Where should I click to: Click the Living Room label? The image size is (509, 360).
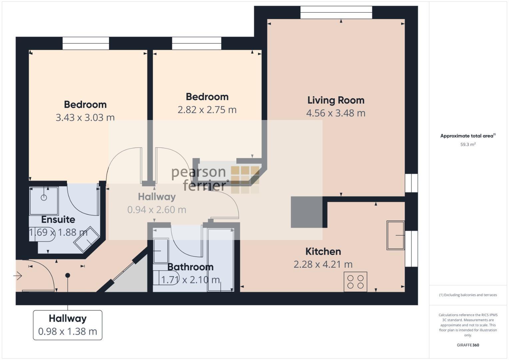coord(336,100)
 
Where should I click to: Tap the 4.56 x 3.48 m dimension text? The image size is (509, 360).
coord(336,113)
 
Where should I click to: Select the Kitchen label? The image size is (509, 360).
coord(323,251)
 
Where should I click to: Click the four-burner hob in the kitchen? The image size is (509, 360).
coord(355,282)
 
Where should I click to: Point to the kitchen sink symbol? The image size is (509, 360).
coord(395,235)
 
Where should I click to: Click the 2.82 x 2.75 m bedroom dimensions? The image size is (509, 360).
coord(207,110)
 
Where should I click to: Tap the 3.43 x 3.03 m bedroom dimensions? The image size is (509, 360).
coord(85,118)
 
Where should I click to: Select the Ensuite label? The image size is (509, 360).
coord(58,220)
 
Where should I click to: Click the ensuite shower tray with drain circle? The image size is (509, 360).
coord(44,201)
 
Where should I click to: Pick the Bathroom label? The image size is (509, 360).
coord(190,267)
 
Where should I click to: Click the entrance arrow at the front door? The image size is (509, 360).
coord(18,276)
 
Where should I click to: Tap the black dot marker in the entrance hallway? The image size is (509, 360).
coord(68,275)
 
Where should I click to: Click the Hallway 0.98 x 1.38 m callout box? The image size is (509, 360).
coord(68,325)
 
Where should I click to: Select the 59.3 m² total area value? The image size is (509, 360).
coord(468,145)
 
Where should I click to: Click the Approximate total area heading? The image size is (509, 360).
coord(468,136)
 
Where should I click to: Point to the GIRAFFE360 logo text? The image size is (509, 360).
coord(468,345)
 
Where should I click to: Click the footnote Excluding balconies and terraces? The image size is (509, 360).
coord(468,295)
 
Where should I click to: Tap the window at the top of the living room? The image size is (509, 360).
coord(336,13)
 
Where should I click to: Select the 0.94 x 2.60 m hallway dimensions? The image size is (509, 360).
coord(157,210)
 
